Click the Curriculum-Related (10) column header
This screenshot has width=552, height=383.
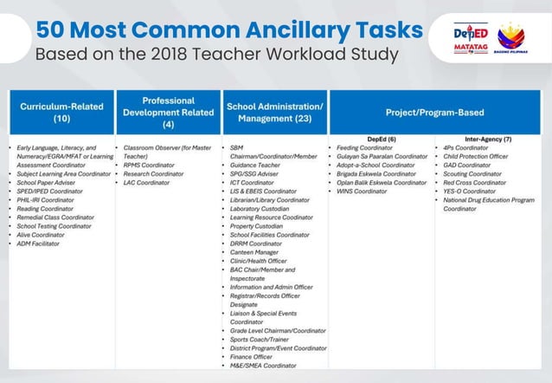(61, 112)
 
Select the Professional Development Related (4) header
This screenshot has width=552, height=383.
(168, 112)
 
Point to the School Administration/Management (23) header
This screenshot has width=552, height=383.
(274, 112)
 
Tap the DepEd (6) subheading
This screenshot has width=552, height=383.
(381, 139)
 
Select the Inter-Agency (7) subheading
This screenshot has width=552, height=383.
(488, 139)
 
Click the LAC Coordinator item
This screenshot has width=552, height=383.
(147, 182)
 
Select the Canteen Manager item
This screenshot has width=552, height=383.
(254, 252)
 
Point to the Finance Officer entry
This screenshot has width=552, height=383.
(252, 356)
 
